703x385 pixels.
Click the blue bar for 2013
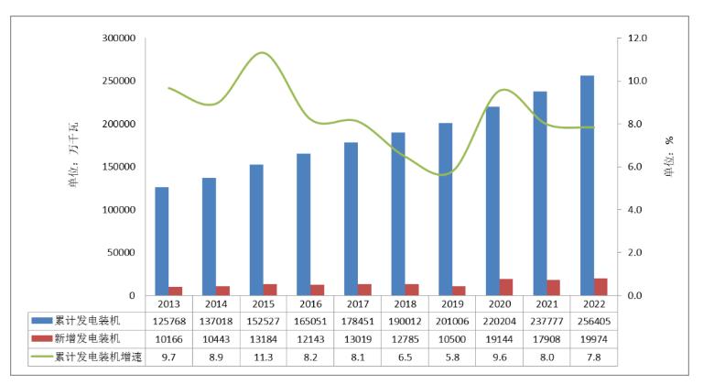tap(161, 241)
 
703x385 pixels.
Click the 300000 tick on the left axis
tap(119, 38)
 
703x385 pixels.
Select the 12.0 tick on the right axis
tap(637, 38)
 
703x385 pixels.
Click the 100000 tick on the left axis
tap(119, 210)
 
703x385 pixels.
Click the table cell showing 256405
tap(593, 320)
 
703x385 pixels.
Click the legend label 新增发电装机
tap(86, 338)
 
